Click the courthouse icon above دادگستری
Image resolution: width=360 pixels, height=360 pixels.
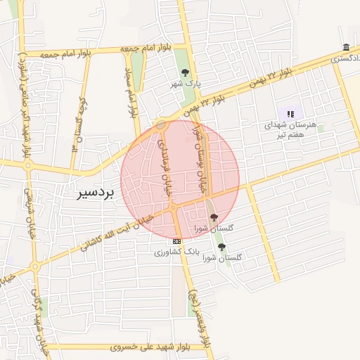click(x=346, y=48)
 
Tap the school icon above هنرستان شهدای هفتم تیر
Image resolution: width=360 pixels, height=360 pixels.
click(x=290, y=113)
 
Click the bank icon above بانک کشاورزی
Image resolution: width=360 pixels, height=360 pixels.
click(x=176, y=240)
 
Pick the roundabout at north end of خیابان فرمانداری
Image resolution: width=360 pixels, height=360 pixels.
click(x=161, y=125)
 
